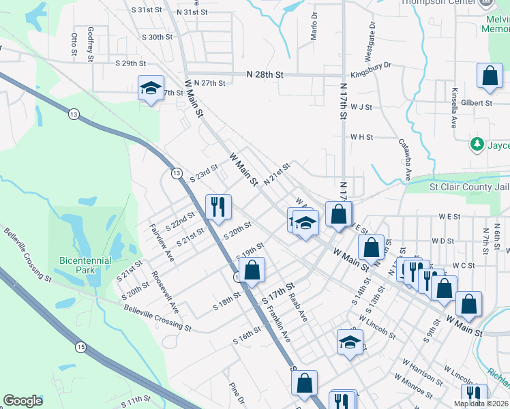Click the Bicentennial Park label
tap(86, 265)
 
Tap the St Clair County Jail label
tap(468, 187)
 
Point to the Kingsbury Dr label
tap(371, 65)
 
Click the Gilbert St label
tap(476, 103)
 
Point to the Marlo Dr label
tap(314, 26)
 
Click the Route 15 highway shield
tap(81, 348)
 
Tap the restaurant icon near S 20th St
tap(218, 206)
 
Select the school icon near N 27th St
tap(151, 88)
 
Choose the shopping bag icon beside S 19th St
tap(252, 269)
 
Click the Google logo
tap(23, 401)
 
